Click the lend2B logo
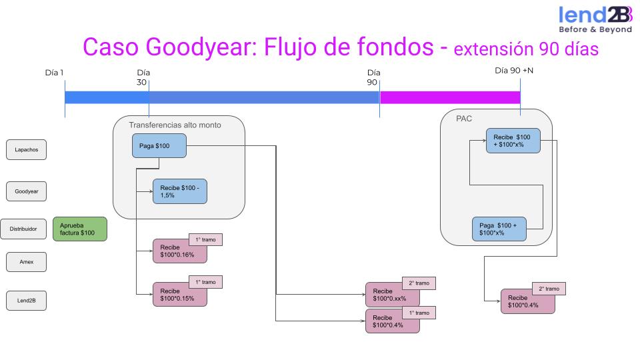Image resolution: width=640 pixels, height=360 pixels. [595, 19]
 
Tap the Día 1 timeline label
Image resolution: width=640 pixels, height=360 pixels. [54, 73]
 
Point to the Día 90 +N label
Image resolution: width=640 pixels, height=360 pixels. [514, 71]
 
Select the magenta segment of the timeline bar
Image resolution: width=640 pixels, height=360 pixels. [449, 97]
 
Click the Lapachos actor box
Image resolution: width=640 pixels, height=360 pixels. [27, 150]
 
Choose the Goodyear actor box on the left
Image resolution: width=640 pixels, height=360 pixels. [27, 191]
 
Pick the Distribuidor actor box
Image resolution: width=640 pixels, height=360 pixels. [23, 229]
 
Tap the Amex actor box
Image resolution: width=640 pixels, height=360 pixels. [27, 263]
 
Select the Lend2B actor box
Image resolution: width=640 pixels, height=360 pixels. [27, 301]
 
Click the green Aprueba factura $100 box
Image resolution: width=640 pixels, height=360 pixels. [79, 229]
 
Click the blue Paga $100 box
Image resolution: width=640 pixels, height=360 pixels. [159, 146]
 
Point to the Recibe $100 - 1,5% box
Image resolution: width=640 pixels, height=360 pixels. [180, 191]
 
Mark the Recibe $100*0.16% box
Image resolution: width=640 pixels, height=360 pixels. [179, 251]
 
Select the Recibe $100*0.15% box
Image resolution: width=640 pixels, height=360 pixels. [179, 294]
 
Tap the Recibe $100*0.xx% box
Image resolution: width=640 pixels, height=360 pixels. [393, 295]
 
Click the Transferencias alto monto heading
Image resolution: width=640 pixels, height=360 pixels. [175, 125]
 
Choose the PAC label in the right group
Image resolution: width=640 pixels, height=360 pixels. [464, 118]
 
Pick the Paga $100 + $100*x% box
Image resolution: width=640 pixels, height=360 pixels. [499, 229]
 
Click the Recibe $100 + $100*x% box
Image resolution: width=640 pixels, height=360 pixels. [513, 141]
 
